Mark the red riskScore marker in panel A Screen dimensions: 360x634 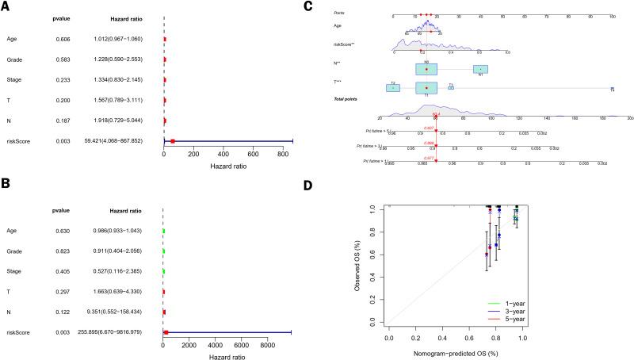tap(172, 141)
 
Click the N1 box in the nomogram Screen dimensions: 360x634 tap(480, 69)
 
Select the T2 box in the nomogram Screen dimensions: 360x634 tap(393, 87)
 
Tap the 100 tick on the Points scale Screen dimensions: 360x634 tap(613, 17)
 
